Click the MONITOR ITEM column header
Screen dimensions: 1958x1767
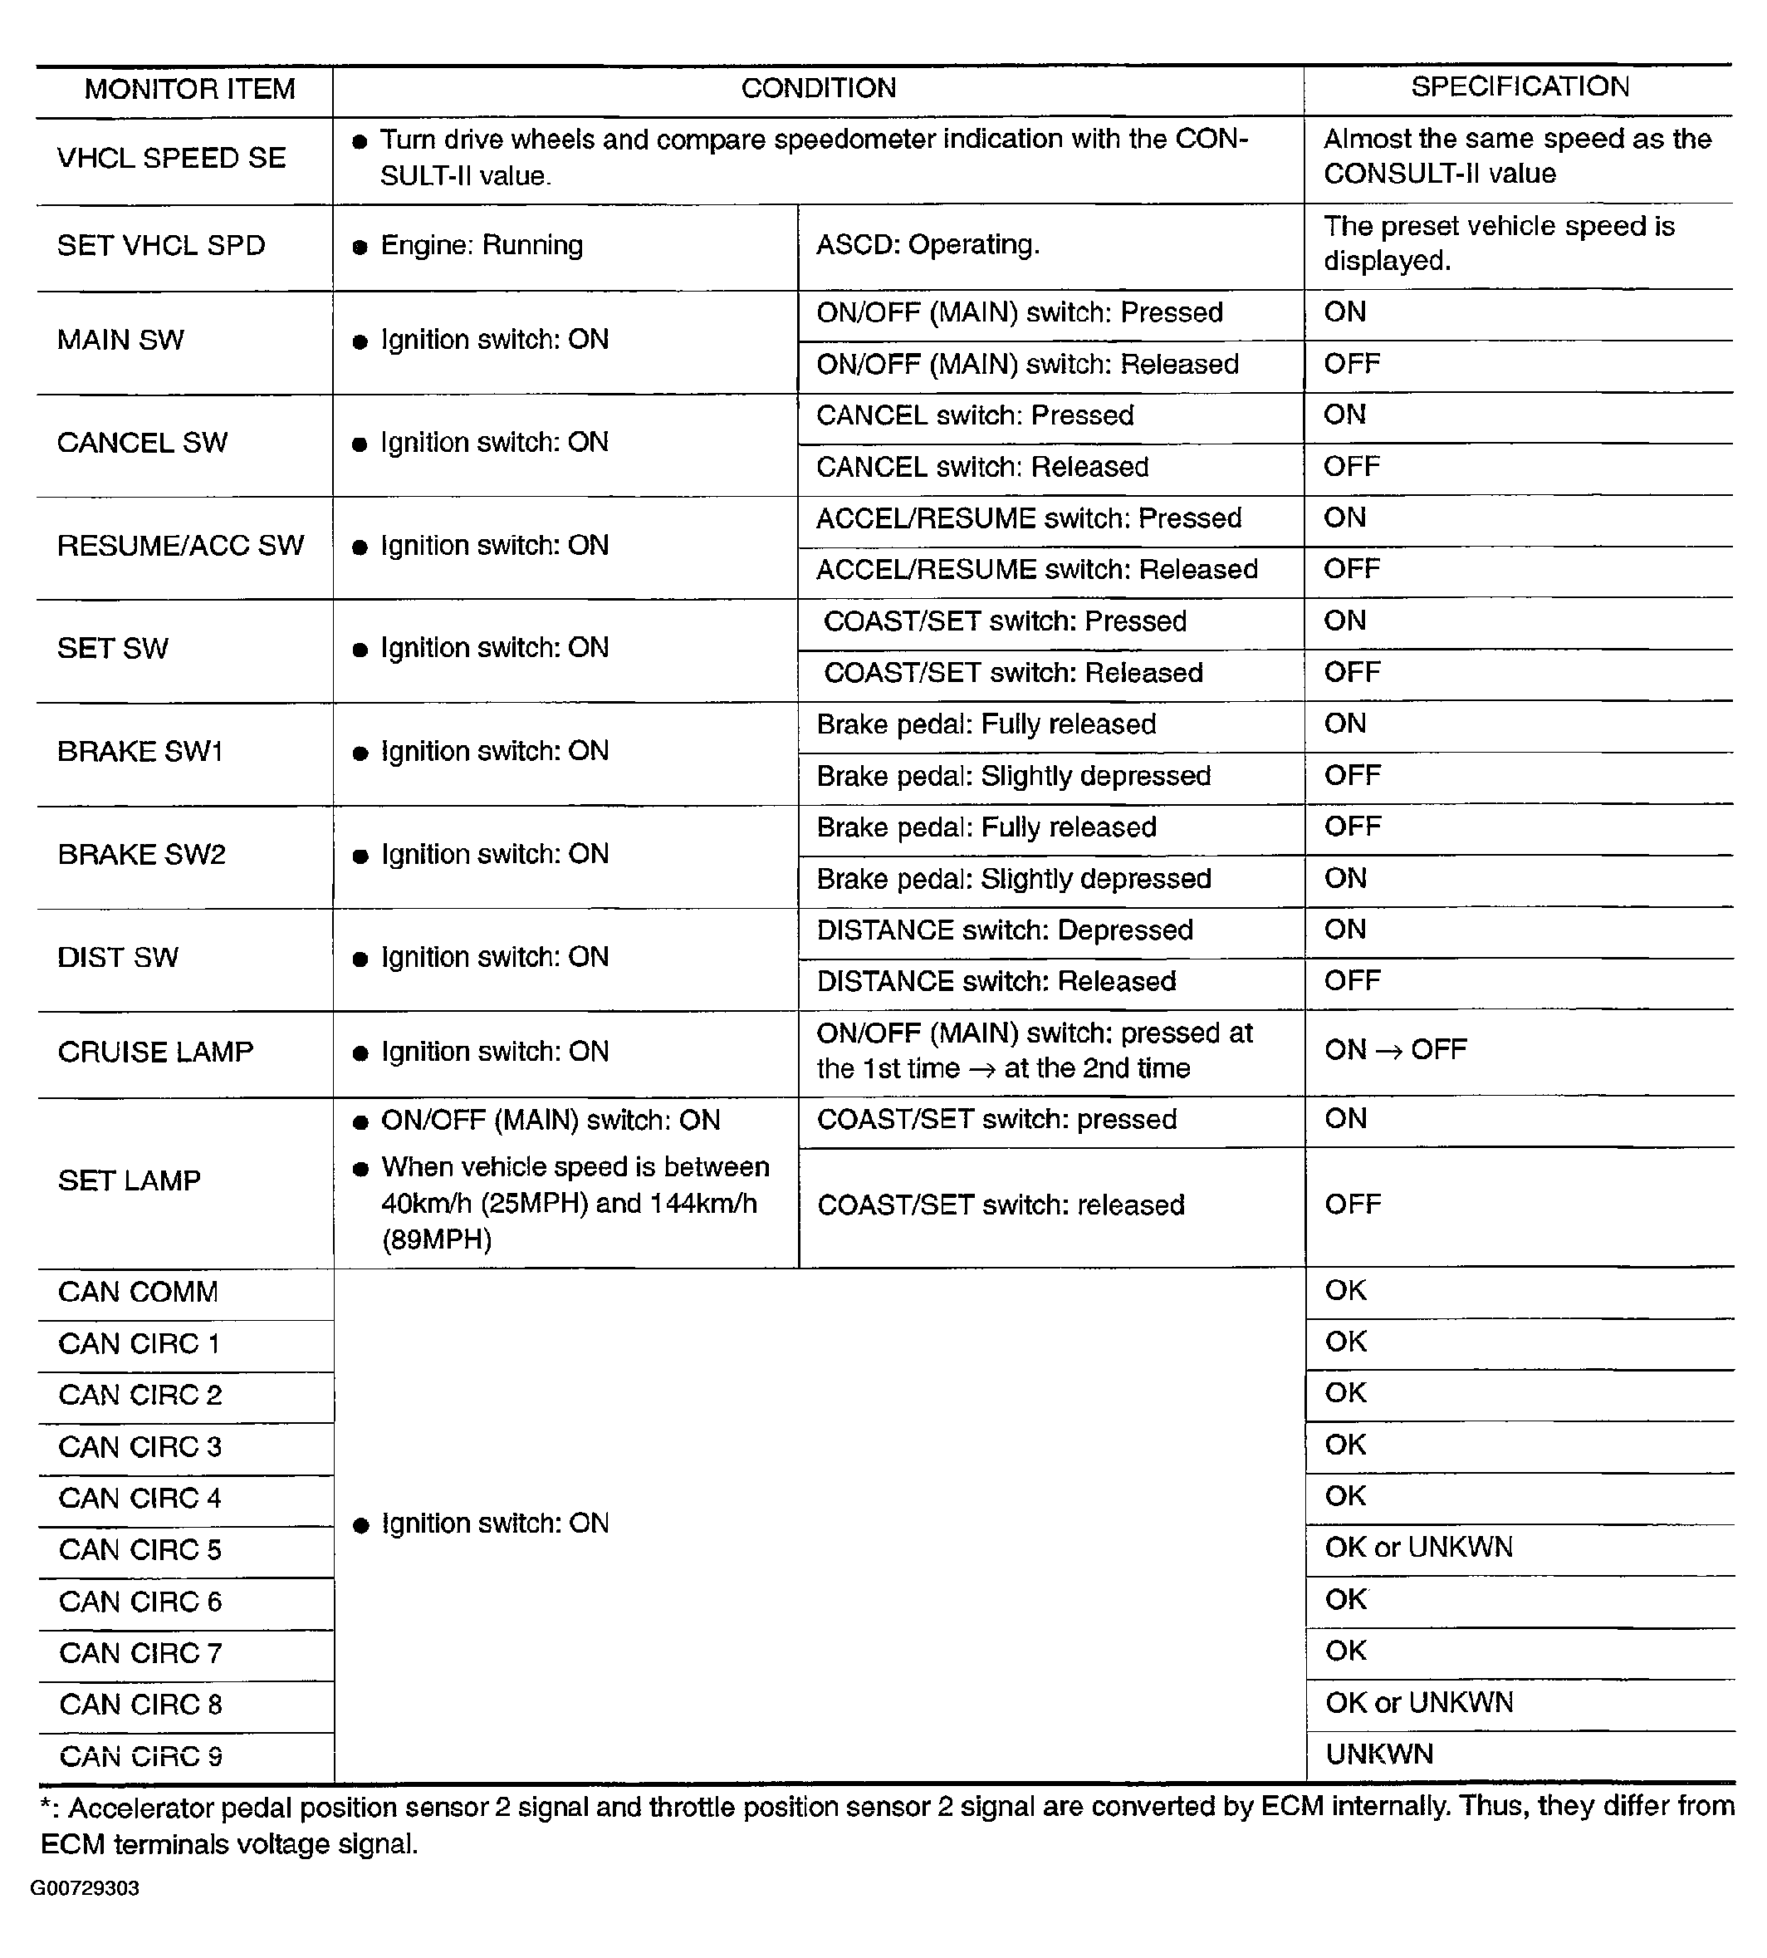click(x=189, y=90)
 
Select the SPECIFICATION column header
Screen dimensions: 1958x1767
click(x=1520, y=86)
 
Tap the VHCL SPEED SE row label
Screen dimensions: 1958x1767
click(x=171, y=159)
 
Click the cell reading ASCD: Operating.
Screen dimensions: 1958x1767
click(x=928, y=245)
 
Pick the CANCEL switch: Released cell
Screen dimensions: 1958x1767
click(x=981, y=467)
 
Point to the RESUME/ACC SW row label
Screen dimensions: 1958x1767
click(x=180, y=546)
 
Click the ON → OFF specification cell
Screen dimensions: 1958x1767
click(x=1395, y=1050)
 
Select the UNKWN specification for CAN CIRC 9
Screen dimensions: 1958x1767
click(x=1378, y=1754)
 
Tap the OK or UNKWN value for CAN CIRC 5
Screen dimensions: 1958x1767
click(x=1418, y=1547)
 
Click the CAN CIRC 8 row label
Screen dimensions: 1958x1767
click(x=141, y=1705)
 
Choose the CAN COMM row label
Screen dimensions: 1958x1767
click(x=138, y=1292)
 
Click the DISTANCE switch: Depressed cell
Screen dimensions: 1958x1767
click(x=1004, y=930)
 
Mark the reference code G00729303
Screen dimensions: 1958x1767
click(x=85, y=1888)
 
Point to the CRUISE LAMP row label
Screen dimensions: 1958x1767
click(x=155, y=1052)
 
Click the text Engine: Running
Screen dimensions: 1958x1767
click(x=482, y=245)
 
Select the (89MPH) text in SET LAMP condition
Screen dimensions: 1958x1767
click(x=437, y=1240)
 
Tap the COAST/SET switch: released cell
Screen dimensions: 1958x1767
click(x=1000, y=1205)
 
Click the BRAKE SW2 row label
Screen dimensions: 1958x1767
click(x=142, y=855)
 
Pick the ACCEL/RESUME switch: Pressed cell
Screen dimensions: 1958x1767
click(x=1028, y=518)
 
